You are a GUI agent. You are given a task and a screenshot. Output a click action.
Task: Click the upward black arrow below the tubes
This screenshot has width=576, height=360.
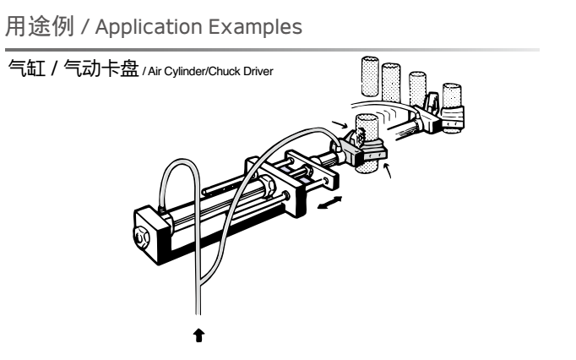[x=200, y=335]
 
